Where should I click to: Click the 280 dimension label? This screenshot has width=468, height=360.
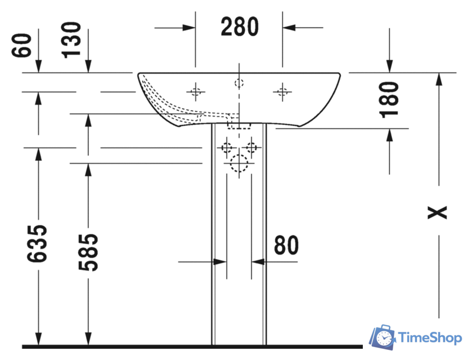pos(240,27)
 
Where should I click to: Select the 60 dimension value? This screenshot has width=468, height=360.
pos(21,45)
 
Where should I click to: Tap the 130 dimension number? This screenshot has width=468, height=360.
pos(71,40)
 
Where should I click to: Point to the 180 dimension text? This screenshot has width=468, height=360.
pos(389,100)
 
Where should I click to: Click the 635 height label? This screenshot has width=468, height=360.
pos(37,244)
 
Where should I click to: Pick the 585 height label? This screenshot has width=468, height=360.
pos(88,253)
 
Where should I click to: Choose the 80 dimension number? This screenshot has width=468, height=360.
pos(286,245)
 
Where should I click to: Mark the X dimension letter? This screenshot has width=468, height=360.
pos(438,213)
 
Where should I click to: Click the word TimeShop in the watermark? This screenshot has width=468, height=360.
pos(430,337)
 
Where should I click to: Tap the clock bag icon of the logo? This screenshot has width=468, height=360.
pos(382,337)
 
